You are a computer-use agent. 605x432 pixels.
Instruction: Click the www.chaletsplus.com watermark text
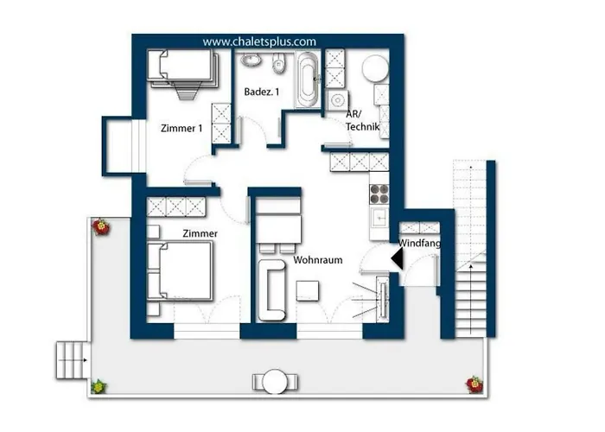[x=259, y=41]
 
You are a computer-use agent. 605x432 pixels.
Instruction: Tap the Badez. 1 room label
[x=262, y=92]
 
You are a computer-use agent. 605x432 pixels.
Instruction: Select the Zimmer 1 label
[x=181, y=128]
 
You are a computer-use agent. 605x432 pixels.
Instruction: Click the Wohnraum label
[x=317, y=260]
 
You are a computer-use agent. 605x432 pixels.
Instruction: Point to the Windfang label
[x=419, y=244]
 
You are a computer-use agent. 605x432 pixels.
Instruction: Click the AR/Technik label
[x=363, y=120]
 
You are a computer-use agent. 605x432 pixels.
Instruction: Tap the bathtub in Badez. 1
[x=308, y=79]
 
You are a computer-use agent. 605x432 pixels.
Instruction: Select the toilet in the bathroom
[x=278, y=63]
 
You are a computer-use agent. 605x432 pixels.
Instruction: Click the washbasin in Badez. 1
[x=252, y=60]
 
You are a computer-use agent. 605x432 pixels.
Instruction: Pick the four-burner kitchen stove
[x=379, y=194]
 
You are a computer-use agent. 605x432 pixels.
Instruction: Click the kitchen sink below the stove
[x=379, y=218]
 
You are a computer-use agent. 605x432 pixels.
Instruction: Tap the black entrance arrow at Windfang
[x=398, y=258]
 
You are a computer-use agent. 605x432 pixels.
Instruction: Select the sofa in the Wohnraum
[x=271, y=290]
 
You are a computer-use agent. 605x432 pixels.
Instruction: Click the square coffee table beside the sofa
[x=308, y=291]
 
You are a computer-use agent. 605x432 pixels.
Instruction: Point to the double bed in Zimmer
[x=180, y=270]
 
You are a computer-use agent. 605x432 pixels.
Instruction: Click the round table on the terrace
[x=275, y=382]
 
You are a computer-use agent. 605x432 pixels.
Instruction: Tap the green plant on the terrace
[x=99, y=386]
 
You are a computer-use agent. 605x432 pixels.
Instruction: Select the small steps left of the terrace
[x=73, y=360]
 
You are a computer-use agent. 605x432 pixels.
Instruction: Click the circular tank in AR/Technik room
[x=375, y=68]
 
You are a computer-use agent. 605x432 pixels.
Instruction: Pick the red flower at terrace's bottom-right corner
[x=474, y=384]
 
